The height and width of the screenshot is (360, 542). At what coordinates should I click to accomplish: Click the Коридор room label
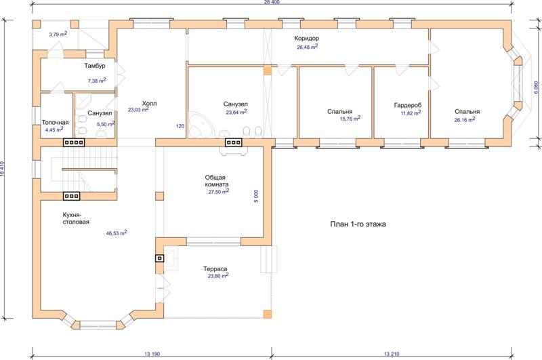pos(307,39)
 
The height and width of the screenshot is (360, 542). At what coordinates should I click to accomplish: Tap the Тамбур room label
pos(95,66)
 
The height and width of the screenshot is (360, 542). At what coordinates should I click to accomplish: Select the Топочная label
pos(56,123)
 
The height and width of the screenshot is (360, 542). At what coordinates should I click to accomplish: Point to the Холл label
pos(149,104)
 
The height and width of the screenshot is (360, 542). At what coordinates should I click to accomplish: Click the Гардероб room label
pos(408,105)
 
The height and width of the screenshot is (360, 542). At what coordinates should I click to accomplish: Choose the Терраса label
pos(215,268)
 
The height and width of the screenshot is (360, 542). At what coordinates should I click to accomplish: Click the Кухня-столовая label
pos(76,218)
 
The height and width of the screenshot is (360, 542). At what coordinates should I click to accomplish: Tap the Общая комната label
pos(216,181)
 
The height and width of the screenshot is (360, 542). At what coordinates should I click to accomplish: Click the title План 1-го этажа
pos(358,224)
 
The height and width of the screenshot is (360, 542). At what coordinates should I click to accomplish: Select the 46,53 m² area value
pos(117,233)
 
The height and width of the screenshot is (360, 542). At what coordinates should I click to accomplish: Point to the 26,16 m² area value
pos(465,119)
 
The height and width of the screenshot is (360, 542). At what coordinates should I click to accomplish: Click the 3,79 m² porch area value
pos(58,34)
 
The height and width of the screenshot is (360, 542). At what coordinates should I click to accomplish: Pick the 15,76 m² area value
pos(350,119)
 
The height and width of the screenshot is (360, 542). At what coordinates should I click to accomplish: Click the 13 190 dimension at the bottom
pos(152,354)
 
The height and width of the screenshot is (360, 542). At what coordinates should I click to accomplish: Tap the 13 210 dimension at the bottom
pos(392,354)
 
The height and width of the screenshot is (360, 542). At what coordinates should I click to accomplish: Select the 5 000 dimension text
pos(256,196)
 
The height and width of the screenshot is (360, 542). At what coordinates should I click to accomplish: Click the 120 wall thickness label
pos(180,126)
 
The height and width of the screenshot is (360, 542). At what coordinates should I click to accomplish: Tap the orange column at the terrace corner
pos(268,314)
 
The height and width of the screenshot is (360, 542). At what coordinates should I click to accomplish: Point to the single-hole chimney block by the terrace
pos(159,258)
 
